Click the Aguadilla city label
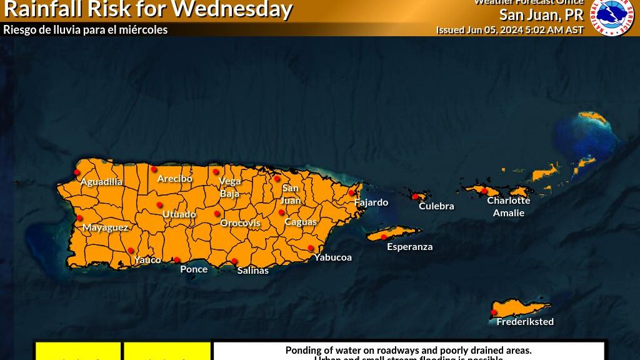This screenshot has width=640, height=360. coord(101,182)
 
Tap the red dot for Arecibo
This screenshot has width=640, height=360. coord(154,169)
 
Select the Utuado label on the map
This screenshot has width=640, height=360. coord(179,214)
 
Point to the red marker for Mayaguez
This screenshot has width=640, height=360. coord(79,218)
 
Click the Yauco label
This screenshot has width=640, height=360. coord(147,260)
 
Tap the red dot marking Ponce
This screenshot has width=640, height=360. coord(177,260)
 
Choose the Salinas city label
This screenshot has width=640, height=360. coord(253,271)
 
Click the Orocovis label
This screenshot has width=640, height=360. coord(240,223)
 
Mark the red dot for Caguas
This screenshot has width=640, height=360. coord(281,212)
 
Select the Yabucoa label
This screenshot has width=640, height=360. coord(333,257)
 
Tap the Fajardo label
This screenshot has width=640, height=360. coord(371,202)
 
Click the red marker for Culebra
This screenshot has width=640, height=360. coord(415,196)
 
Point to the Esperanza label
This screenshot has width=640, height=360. coord(410,247)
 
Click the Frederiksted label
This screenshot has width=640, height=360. coord(525,322)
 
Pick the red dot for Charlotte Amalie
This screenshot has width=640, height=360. coord(484,190)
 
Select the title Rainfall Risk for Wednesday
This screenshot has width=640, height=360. coord(148,9)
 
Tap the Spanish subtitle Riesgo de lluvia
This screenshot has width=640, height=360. coord(86,29)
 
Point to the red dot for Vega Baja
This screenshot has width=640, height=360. coord(216,172)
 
